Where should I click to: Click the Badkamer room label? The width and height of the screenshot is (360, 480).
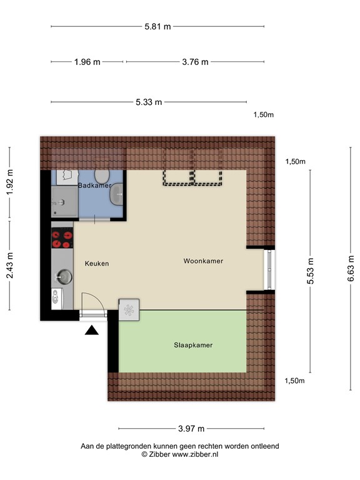pos(94,186)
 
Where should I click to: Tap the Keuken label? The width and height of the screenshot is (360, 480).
pos(97,264)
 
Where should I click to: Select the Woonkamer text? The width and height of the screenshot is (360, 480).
pos(203,261)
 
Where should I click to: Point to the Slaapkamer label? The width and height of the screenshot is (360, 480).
pos(193,344)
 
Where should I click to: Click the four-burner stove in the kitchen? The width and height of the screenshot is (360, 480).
pos(62,237)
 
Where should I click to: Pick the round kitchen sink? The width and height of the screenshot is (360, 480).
pos(62,276)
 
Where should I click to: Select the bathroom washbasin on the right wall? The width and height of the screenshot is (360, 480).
pos(117,197)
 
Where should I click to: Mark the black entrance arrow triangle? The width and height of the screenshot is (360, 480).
pos(92,331)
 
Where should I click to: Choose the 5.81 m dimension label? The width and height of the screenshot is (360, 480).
pos(157,27)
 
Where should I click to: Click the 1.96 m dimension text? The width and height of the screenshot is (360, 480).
pos(87,62)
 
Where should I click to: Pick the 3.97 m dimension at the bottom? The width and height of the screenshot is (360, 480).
pos(192,429)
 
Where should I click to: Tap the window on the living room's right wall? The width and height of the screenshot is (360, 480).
pos(269,269)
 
